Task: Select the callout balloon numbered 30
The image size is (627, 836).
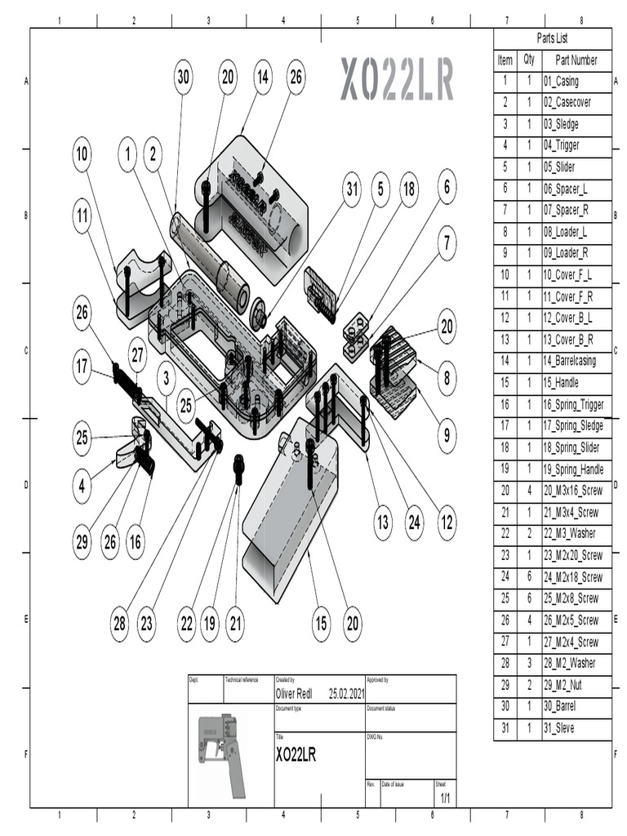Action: (x=184, y=77)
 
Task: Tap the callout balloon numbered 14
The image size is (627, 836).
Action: (x=262, y=77)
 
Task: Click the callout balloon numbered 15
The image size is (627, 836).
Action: (x=321, y=624)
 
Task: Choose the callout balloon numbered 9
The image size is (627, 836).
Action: (x=447, y=436)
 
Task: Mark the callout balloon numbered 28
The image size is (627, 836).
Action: (x=120, y=624)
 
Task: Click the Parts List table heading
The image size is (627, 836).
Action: (x=552, y=38)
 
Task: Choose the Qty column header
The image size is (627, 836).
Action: (x=529, y=60)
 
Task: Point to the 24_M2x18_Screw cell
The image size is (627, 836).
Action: (x=572, y=577)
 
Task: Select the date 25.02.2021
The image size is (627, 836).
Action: (x=346, y=694)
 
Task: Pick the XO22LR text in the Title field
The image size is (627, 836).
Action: (x=296, y=754)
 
